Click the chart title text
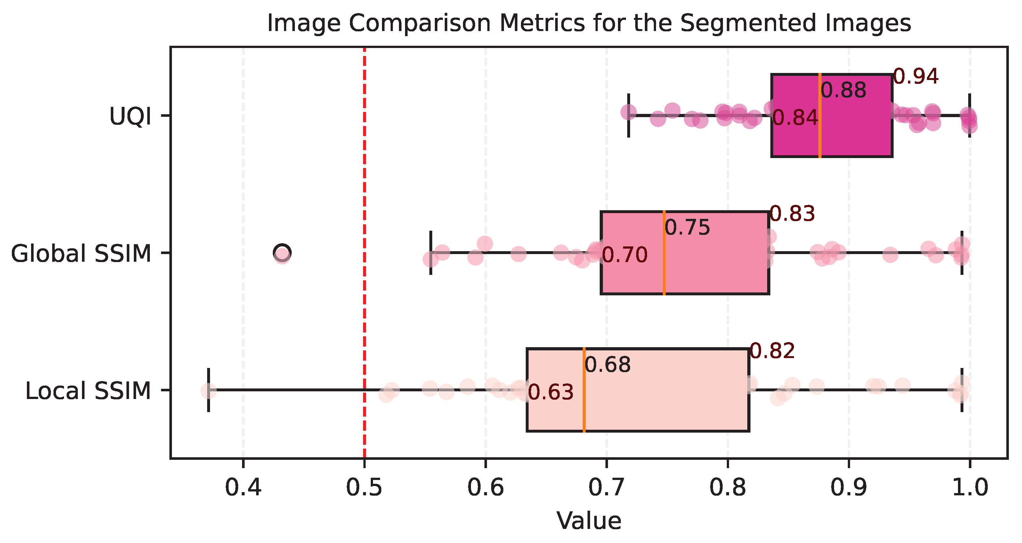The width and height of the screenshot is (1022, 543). [x=589, y=23]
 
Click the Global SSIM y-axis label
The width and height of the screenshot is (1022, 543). [x=81, y=254]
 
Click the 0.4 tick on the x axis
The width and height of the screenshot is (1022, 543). [x=243, y=488]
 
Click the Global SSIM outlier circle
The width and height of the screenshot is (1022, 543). [x=282, y=252]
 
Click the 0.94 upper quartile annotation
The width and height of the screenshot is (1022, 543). [x=916, y=76]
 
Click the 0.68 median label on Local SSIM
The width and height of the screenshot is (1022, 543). [x=607, y=365]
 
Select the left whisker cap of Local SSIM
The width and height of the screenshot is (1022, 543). [x=209, y=390]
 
